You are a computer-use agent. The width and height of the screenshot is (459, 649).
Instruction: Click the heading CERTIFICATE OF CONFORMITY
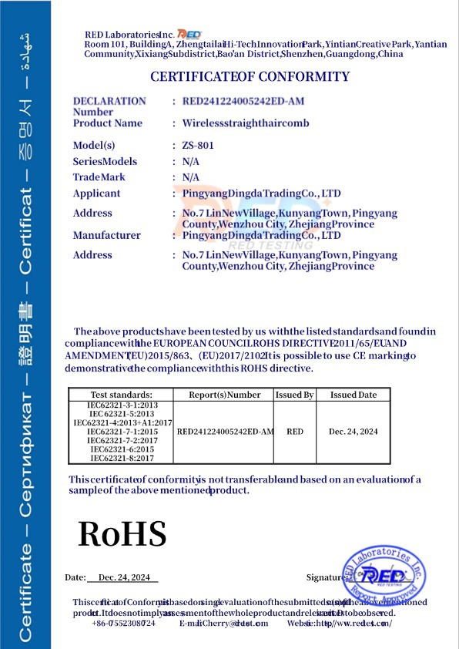coord(250,76)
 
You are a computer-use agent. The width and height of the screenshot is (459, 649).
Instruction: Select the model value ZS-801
coord(198,145)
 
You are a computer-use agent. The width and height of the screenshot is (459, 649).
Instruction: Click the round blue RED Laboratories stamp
coord(383,578)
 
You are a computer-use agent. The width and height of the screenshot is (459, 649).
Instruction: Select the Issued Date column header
coord(353,395)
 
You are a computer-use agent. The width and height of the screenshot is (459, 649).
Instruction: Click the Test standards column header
coord(122,395)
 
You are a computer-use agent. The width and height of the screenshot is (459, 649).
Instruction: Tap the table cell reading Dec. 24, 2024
coord(353,432)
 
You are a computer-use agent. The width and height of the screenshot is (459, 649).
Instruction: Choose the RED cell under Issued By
coord(294,432)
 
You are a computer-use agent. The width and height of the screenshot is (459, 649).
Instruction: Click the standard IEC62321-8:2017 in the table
coord(122,458)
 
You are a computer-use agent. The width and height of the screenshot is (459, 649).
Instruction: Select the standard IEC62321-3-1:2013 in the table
coord(122,405)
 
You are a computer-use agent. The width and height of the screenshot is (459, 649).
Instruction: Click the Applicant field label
coord(96,193)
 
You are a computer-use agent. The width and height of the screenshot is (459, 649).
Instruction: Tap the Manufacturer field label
coord(106,235)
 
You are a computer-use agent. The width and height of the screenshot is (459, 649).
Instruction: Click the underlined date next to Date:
coord(122,577)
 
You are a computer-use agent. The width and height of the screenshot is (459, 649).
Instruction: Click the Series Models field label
coord(105,161)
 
